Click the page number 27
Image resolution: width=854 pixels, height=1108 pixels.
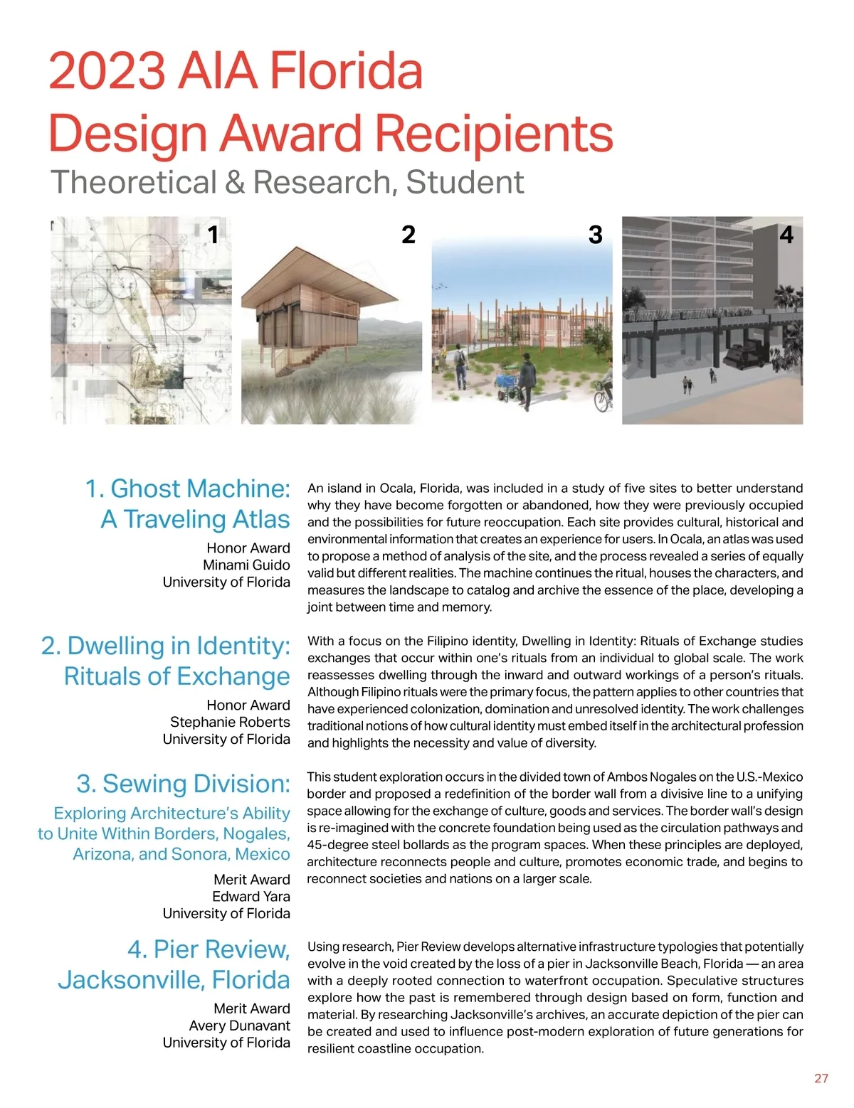tap(821, 1078)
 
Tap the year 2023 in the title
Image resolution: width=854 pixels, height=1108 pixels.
tap(107, 71)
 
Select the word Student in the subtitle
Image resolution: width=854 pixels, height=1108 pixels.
tap(465, 182)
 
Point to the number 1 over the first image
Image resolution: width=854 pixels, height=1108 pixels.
tap(213, 234)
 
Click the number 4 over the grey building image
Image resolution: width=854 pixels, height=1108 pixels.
tap(786, 234)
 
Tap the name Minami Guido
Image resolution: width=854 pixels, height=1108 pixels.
tap(246, 565)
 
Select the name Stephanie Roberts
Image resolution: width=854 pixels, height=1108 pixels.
tap(230, 722)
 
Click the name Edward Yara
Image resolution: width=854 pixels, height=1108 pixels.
tap(251, 896)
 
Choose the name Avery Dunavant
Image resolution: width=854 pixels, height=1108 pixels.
tap(239, 1026)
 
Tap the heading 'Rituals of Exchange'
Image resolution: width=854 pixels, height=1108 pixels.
tap(176, 676)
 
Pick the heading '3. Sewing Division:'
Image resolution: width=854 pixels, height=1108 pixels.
tap(183, 784)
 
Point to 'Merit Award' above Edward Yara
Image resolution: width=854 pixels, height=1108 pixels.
tap(251, 880)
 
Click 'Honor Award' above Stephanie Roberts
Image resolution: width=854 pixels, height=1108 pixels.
tap(248, 705)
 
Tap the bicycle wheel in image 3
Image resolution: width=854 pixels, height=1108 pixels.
tap(602, 400)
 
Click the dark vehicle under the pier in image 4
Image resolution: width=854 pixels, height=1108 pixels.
tap(744, 355)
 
